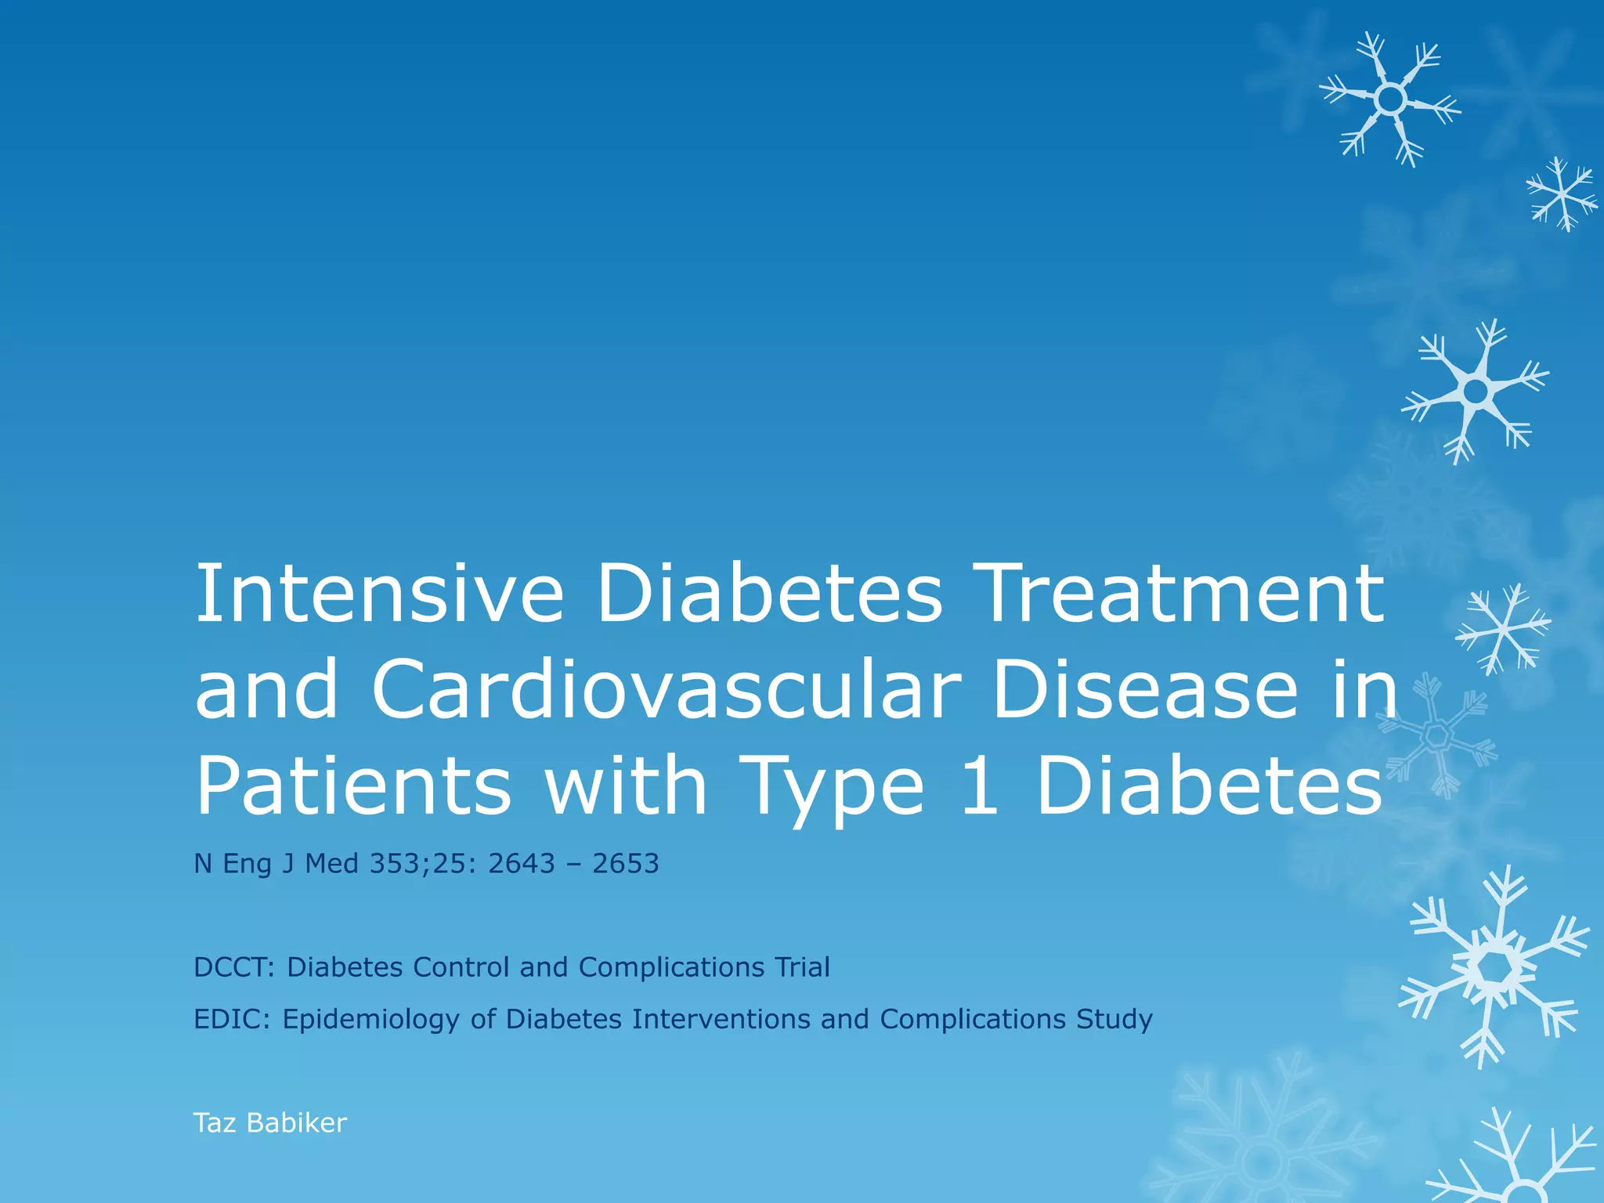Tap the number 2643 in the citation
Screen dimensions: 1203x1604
(x=522, y=863)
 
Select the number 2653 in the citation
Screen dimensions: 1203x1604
(x=626, y=863)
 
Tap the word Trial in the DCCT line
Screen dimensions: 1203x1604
(x=803, y=967)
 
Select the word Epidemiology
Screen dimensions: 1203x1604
(x=371, y=1021)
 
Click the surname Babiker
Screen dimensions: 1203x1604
(x=296, y=1123)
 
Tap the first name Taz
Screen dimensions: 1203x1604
(x=215, y=1123)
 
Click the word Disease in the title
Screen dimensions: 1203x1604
(x=1144, y=689)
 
